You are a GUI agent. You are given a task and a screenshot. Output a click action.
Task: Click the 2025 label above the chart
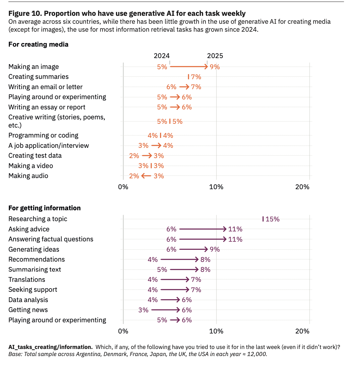(x=215, y=56)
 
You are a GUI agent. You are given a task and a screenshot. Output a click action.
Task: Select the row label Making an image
(x=33, y=67)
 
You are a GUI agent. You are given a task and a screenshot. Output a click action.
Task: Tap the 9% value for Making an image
(x=215, y=67)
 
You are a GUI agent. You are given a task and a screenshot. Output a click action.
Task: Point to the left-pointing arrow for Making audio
(x=146, y=176)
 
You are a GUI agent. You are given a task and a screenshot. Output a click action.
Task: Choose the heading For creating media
(x=38, y=44)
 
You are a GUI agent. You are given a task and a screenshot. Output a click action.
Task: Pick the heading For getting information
(x=44, y=208)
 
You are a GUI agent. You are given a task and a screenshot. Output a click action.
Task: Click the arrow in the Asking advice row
(x=203, y=229)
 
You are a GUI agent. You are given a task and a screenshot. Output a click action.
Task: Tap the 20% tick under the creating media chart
(x=302, y=187)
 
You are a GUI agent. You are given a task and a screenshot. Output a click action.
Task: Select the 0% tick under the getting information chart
(x=123, y=331)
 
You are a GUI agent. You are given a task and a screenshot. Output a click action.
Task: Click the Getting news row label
(x=28, y=310)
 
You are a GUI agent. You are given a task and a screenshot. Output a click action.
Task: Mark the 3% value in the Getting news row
(x=143, y=310)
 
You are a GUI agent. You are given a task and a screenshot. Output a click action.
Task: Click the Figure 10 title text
(x=127, y=13)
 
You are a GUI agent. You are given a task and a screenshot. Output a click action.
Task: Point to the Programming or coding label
(x=43, y=135)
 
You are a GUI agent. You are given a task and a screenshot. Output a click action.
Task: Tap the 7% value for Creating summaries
(x=196, y=77)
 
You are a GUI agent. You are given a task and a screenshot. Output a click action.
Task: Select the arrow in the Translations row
(x=175, y=279)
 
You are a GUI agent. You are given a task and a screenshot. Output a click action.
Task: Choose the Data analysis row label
(x=28, y=300)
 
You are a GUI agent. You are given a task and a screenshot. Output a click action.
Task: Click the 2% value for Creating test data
(x=134, y=156)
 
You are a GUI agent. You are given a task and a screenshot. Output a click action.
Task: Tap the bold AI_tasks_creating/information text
(x=50, y=347)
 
